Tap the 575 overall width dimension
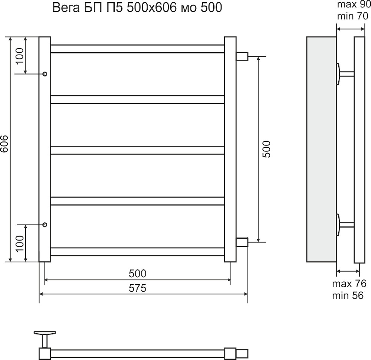(x=138, y=288)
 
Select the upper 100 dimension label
(x=20, y=56)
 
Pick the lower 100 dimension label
(x=20, y=243)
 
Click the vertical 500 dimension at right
(x=266, y=149)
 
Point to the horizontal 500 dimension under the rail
(x=138, y=274)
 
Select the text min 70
(x=352, y=16)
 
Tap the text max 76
(x=349, y=284)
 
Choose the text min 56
(x=348, y=295)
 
